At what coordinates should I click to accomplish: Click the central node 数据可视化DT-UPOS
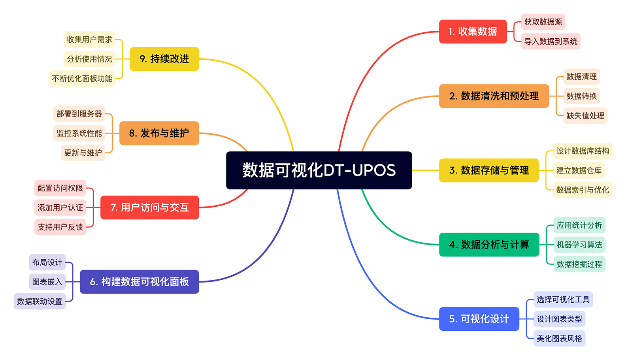[319, 170]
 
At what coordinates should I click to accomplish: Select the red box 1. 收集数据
[473, 32]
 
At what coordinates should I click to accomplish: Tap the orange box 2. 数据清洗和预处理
[494, 96]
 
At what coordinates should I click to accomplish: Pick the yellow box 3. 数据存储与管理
[489, 170]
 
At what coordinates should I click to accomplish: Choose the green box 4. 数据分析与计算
[489, 245]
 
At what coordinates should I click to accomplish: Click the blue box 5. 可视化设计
[479, 319]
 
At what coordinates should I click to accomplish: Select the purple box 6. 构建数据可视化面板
[139, 282]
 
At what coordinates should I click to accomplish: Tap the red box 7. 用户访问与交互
[149, 207]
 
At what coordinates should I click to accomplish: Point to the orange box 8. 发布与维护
[159, 133]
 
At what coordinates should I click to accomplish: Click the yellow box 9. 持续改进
[164, 59]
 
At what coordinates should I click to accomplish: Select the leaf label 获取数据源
[543, 22]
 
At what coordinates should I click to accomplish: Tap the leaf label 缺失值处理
[585, 116]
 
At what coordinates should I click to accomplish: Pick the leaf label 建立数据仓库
[579, 170]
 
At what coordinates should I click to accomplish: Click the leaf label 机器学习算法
[579, 245]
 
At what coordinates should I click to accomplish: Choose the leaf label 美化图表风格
[559, 339]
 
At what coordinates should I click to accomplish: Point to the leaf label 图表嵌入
[47, 282]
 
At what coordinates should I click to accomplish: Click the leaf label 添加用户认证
[60, 207]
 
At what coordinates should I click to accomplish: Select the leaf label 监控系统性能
[79, 133]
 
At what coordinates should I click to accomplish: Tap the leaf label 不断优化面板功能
[82, 79]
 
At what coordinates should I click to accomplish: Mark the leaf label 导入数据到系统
[551, 41]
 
